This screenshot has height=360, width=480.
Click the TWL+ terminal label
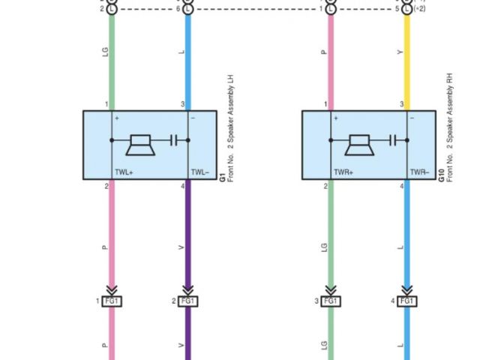pos(124,172)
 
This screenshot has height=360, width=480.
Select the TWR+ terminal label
pos(343,172)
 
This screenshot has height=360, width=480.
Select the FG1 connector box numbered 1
pos(112,301)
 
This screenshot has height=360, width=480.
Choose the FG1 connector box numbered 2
pos(187,301)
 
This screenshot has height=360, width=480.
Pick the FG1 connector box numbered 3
pos(331,301)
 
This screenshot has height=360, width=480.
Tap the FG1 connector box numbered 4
pos(407,301)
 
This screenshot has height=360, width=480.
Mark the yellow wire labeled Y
pos(407,60)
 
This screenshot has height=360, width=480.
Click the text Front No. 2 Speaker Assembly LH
pos(231,127)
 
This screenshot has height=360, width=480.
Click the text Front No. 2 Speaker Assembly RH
pos(451,127)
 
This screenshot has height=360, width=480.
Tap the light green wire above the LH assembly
pos(112,60)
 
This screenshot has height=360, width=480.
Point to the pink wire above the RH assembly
pos(331,60)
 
